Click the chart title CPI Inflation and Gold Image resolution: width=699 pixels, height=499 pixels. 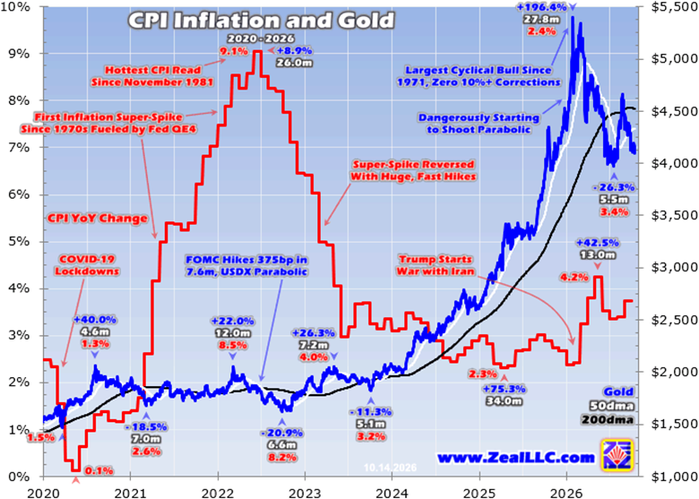pyautogui.click(x=262, y=21)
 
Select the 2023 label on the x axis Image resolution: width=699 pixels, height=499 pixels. pyautogui.click(x=305, y=492)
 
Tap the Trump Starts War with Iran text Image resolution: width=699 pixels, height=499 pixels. pyautogui.click(x=435, y=265)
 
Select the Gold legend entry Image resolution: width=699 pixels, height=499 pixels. pyautogui.click(x=618, y=392)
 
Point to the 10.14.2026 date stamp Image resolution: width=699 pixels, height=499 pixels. pyautogui.click(x=390, y=469)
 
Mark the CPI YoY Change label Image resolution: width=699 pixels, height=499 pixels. pyautogui.click(x=96, y=219)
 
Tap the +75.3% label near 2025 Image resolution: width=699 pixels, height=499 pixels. pyautogui.click(x=505, y=389)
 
